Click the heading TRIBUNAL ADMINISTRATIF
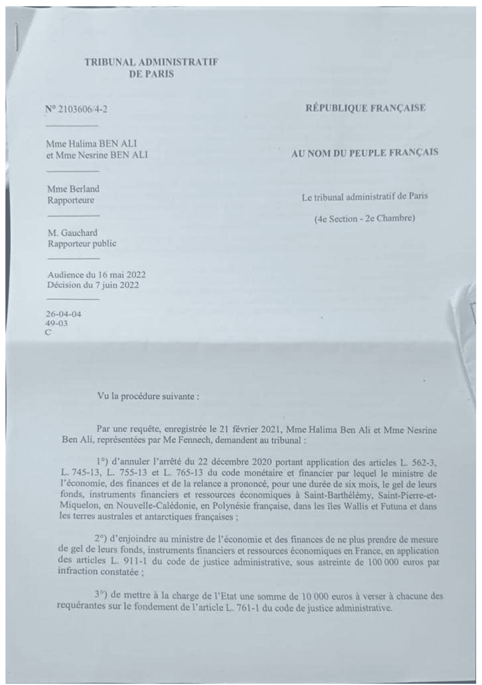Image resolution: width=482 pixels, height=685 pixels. point(151,63)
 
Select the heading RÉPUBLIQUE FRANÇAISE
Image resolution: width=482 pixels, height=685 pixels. point(366,108)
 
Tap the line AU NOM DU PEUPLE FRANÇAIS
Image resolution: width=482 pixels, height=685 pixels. point(365,152)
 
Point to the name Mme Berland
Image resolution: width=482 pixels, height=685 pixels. point(73,188)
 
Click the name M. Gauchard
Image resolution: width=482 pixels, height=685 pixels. point(72,232)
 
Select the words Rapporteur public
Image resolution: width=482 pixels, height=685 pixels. point(82,243)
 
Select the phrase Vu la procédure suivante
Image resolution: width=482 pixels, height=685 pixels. point(148,396)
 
